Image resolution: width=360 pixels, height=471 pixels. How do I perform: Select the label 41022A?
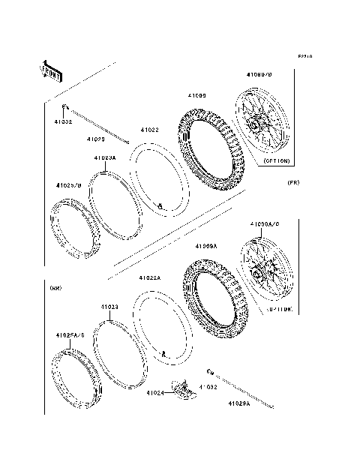[x=148, y=277]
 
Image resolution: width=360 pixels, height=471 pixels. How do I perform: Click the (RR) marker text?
[x=55, y=287]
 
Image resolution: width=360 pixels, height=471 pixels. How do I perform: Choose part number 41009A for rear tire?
[x=206, y=246]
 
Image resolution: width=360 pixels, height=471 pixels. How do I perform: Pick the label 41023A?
[x=105, y=158]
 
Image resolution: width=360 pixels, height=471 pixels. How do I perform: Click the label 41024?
[x=155, y=392]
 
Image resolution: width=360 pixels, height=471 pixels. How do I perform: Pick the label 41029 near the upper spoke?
[x=94, y=139]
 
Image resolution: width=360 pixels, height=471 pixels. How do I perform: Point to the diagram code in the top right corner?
[x=304, y=56]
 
